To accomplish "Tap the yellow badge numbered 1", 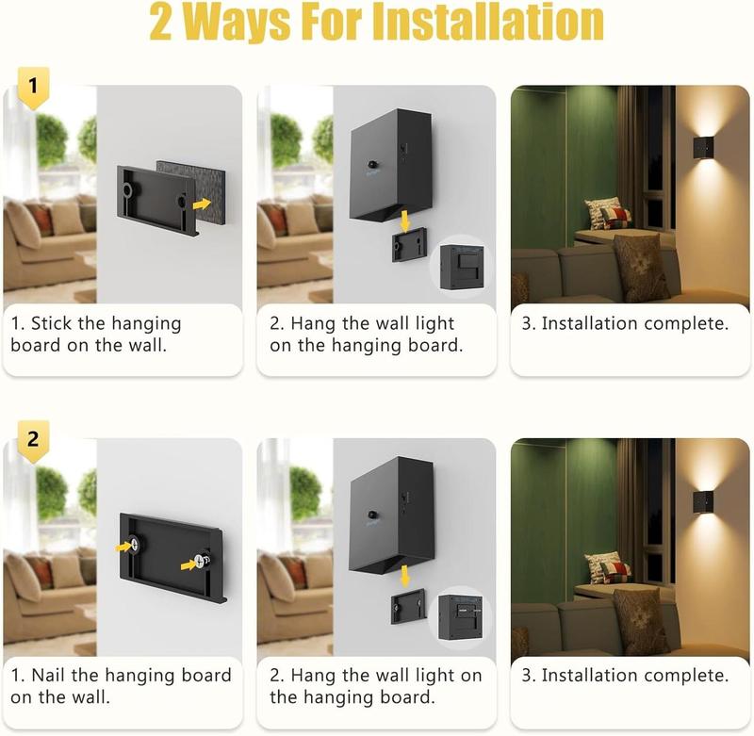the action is [33, 87].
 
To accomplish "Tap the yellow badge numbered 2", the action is [33, 440].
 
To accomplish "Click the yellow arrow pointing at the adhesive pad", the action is [202, 204].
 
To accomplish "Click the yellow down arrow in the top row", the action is [405, 221].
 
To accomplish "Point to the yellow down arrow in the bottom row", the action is [405, 576].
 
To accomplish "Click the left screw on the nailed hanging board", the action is [135, 545].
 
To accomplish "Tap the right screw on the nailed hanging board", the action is [202, 561].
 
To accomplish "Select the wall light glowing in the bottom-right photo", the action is [702, 502].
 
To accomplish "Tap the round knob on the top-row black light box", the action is [373, 165].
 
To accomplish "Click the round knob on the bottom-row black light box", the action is [372, 515].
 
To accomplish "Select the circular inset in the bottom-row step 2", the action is [463, 617].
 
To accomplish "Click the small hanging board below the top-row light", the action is [409, 245].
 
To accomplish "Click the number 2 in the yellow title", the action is [160, 22].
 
